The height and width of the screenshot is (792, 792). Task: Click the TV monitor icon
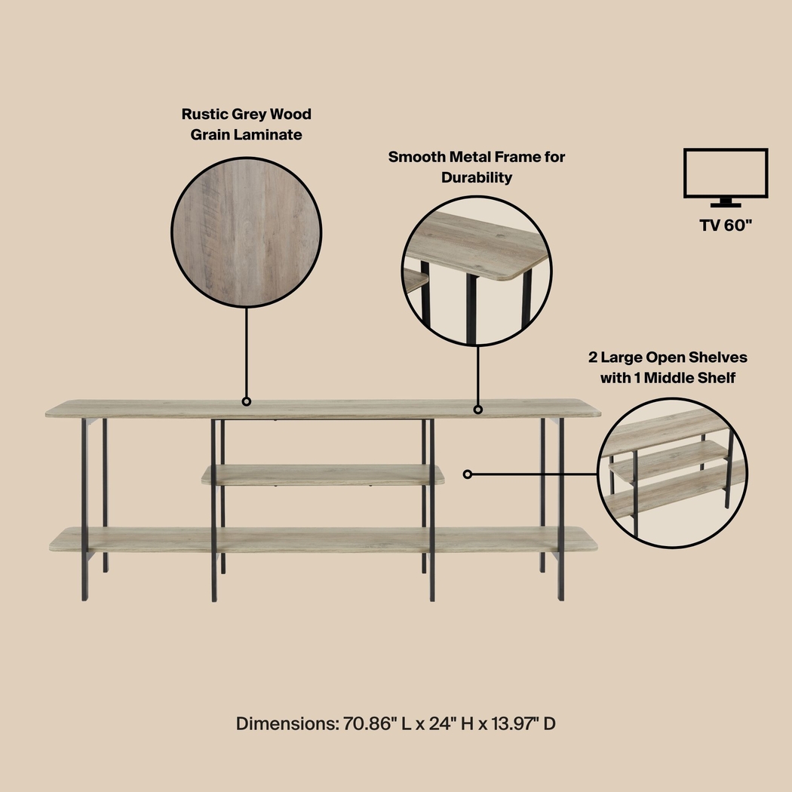(x=726, y=177)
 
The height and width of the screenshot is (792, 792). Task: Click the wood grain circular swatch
(x=247, y=233)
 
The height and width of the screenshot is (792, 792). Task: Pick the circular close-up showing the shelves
(x=672, y=474)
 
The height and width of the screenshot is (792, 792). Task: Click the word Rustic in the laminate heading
(x=205, y=115)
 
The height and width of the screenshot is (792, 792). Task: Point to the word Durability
(x=477, y=178)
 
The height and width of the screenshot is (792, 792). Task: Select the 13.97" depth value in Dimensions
(x=514, y=724)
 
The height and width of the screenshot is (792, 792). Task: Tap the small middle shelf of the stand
(x=323, y=474)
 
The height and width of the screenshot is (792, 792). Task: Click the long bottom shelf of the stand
(x=323, y=539)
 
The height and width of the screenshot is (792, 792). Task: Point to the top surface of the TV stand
(x=323, y=409)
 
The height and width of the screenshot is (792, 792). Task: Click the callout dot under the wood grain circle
(x=247, y=402)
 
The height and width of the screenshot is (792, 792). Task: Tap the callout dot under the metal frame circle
(x=477, y=410)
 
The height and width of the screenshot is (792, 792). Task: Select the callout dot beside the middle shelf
(x=468, y=474)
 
